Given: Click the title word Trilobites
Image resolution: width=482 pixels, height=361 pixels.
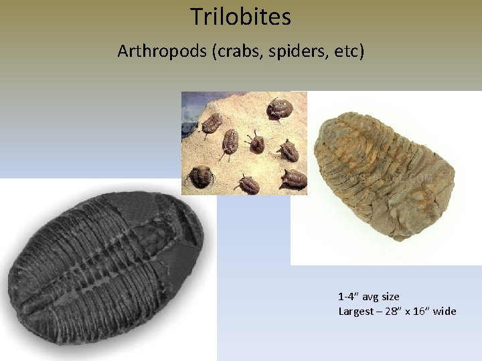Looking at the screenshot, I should (240, 17).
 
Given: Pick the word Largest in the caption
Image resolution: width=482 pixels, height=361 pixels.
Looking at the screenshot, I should (355, 311).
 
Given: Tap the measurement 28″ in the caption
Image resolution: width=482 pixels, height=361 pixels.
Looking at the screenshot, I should (395, 311).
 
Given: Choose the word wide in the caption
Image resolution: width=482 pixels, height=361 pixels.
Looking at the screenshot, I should (445, 311).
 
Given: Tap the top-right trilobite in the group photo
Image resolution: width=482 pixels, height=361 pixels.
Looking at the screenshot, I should (278, 108).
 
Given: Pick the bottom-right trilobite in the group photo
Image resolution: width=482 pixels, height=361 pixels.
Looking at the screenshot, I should (294, 178).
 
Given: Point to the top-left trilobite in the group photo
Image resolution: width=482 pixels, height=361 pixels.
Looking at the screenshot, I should (213, 122).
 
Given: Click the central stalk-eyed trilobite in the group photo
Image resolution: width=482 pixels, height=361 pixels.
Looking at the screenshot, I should (256, 142).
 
